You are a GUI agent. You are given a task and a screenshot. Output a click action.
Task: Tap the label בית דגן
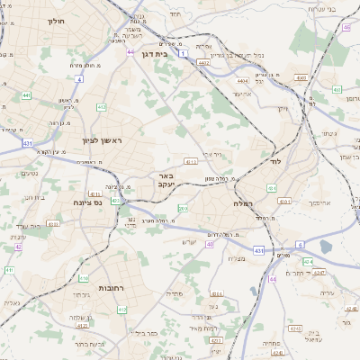[156, 54]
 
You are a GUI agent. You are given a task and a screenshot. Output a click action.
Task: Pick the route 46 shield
[346, 27]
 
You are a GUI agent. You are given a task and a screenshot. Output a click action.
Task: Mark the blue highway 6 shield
[300, 244]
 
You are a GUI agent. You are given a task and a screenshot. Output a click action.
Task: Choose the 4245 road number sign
[307, 262]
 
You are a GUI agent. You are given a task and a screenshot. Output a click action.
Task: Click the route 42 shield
[18, 246]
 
